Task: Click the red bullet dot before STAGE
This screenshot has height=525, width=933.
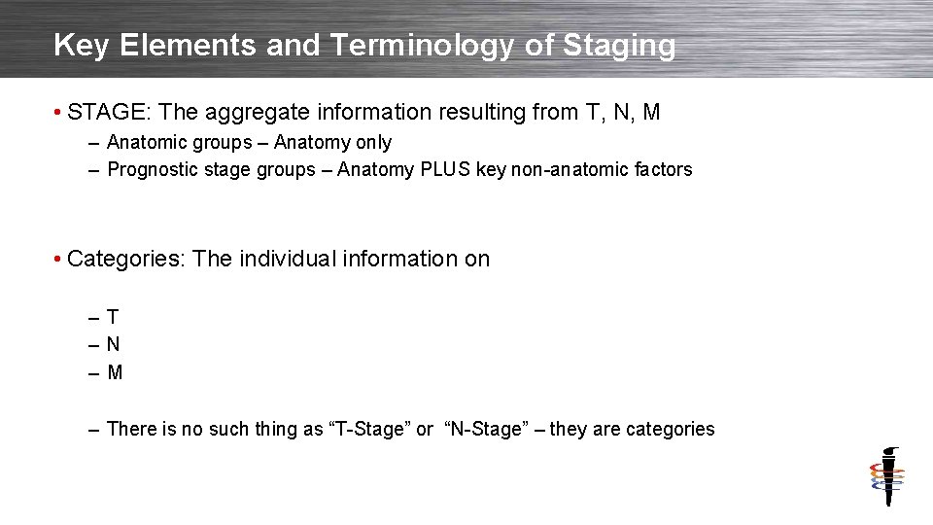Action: point(59,113)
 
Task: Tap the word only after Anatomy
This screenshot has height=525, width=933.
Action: point(373,143)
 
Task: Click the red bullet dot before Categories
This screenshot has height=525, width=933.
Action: point(59,260)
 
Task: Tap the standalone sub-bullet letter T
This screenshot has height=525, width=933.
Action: point(113,317)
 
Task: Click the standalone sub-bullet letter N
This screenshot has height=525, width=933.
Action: point(114,344)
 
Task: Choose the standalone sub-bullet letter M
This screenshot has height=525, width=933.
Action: point(115,372)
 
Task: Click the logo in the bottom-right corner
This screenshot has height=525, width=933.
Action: point(886,476)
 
